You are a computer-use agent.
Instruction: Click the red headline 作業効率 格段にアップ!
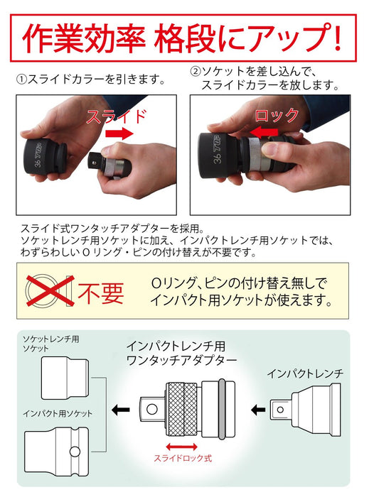coord(183,36)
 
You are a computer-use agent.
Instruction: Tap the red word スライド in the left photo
coord(117,117)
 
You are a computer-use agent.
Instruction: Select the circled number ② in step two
coord(196,72)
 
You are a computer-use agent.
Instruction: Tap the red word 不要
coord(99,292)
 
